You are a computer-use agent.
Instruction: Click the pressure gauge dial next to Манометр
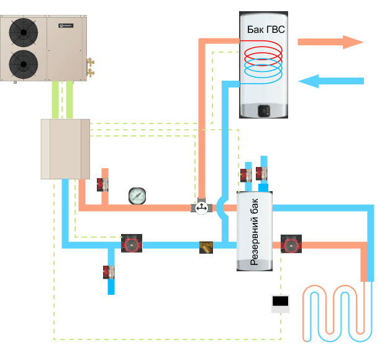tap(136, 196)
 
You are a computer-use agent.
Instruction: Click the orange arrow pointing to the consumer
tap(329, 42)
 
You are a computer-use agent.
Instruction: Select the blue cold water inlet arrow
tap(329, 81)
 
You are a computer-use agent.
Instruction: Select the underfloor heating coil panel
tap(338, 313)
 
